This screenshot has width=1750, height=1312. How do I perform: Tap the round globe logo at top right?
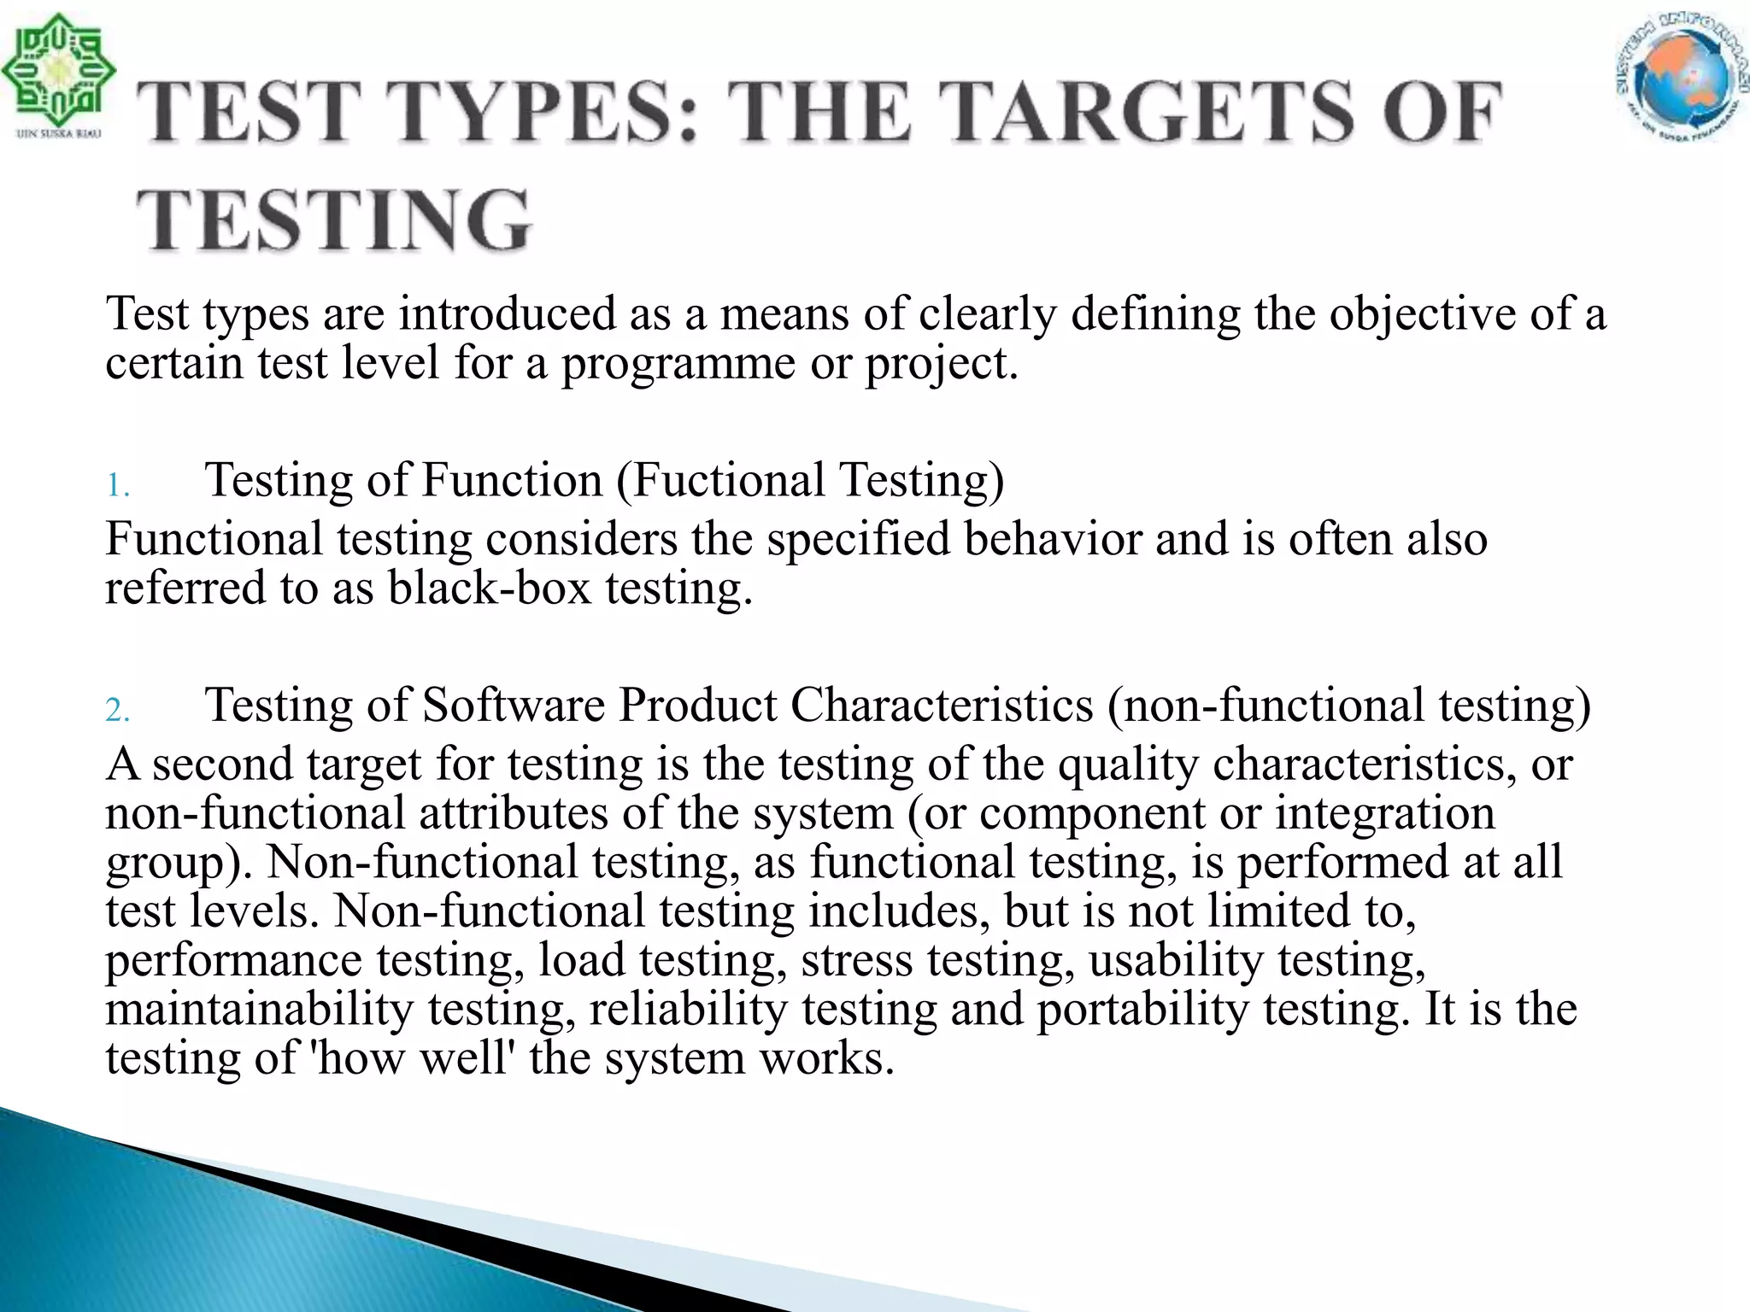pos(1680,77)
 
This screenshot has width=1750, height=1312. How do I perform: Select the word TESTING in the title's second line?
pos(334,220)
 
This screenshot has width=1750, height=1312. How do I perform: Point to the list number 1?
pos(117,487)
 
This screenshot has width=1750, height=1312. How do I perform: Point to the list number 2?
pos(117,711)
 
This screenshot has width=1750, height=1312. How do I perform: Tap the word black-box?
pos(490,589)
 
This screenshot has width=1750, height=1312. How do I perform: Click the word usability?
pos(1176,960)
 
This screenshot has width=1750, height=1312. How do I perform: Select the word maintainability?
pos(259,1009)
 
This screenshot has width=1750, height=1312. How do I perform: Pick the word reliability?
pos(688,1009)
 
